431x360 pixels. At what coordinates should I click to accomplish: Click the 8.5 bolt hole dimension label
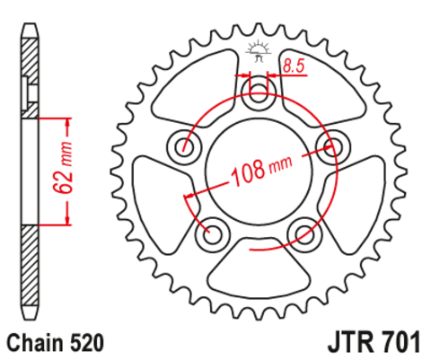(x=294, y=66)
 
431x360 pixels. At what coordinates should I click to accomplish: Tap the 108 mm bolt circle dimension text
(x=261, y=170)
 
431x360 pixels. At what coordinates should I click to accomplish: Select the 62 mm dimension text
(x=63, y=167)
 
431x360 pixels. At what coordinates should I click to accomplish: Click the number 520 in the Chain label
(x=88, y=343)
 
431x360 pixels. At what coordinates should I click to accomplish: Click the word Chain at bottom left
(x=37, y=343)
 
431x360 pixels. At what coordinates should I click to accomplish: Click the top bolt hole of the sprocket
(x=258, y=93)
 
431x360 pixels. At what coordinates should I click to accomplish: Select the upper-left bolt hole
(x=183, y=147)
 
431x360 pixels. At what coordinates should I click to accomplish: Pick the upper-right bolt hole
(x=333, y=147)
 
